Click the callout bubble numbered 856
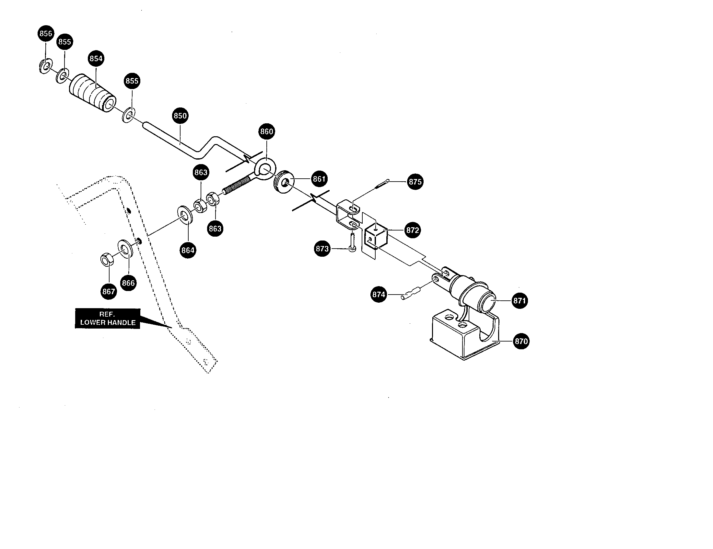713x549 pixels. click(x=46, y=33)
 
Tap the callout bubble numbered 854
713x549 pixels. click(x=96, y=58)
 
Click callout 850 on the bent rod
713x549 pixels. click(x=180, y=116)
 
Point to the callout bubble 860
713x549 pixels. click(x=266, y=131)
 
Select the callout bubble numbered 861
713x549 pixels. click(x=319, y=179)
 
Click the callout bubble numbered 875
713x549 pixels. click(x=415, y=182)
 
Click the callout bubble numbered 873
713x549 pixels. click(x=322, y=249)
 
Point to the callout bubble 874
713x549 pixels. click(x=379, y=294)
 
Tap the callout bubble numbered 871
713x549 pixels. click(x=519, y=300)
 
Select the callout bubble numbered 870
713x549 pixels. click(x=521, y=341)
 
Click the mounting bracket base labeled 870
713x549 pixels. click(x=457, y=339)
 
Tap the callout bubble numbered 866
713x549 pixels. click(x=128, y=283)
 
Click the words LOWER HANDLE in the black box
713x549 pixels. click(x=108, y=322)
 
